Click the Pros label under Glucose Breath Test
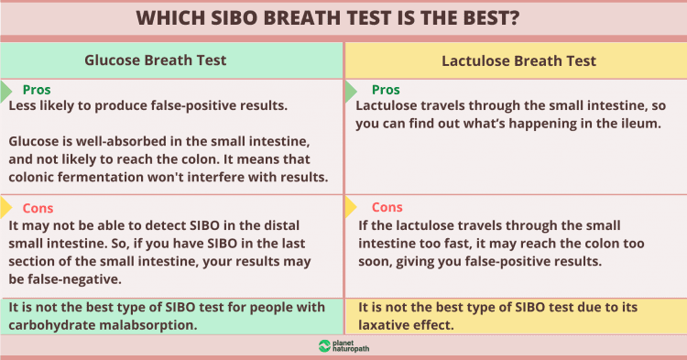tap(37, 90)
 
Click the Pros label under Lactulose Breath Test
tap(387, 90)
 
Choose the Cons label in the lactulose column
tap(387, 207)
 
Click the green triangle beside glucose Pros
tap(6, 90)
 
